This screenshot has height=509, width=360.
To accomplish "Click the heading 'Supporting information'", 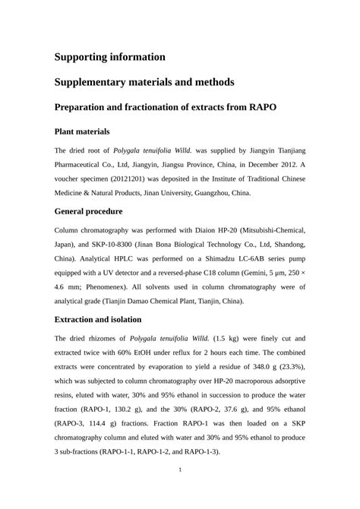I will coord(109,57).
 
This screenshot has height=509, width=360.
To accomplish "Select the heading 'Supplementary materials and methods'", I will coord(144,82).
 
